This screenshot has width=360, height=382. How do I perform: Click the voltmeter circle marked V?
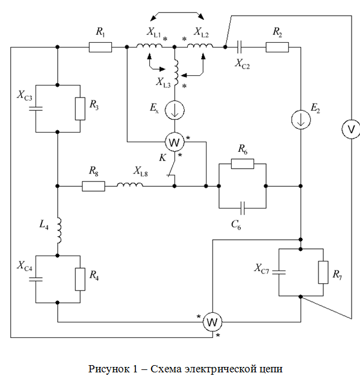(x=351, y=130)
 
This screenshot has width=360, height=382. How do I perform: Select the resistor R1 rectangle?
(x=101, y=47)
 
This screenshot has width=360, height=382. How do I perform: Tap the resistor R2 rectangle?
(x=278, y=47)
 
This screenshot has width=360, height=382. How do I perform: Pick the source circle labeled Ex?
(x=175, y=110)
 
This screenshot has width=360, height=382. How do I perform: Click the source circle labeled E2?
(x=301, y=120)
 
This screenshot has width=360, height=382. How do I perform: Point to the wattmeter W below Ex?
(x=175, y=142)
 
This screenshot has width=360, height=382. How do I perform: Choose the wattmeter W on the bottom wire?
(x=213, y=322)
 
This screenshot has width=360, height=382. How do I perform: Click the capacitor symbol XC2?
(x=239, y=47)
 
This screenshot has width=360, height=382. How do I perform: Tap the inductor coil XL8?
(x=130, y=185)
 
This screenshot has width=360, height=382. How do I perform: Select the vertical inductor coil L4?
(x=59, y=231)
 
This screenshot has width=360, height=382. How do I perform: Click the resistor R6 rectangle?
(x=243, y=164)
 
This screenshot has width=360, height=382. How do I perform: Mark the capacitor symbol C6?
(x=242, y=208)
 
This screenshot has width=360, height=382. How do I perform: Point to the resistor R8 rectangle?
(x=93, y=186)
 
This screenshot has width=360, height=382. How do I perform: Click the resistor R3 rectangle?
(x=80, y=108)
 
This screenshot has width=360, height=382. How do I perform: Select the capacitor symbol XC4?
(x=36, y=279)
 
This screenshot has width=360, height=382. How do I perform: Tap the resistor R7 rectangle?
(x=323, y=272)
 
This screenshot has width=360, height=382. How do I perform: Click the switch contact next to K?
(x=172, y=169)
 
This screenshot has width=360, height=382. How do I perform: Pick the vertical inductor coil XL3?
(x=176, y=72)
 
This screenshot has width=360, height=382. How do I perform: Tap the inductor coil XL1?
(x=149, y=46)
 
